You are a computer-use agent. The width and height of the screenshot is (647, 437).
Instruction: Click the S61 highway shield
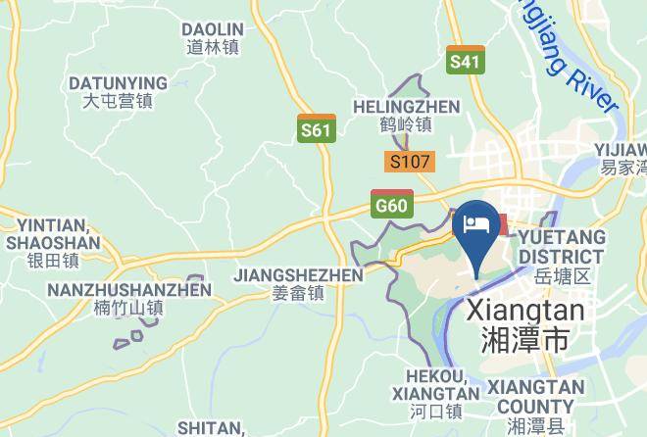coord(316,128)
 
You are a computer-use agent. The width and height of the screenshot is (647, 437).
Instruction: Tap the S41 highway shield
coord(465,61)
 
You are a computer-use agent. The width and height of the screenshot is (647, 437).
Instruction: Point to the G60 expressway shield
coord(391,204)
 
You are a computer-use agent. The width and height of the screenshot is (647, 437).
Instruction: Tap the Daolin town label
coord(213,38)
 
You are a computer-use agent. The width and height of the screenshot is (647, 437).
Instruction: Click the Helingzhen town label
coord(406,115)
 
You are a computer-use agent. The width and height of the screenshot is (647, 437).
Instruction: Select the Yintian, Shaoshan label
coord(53,243)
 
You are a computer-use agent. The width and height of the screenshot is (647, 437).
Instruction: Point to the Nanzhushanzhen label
coord(128,298)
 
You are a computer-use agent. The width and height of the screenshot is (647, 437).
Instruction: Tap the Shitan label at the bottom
coord(211,428)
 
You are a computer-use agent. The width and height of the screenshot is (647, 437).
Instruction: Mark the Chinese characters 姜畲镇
coord(298,293)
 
